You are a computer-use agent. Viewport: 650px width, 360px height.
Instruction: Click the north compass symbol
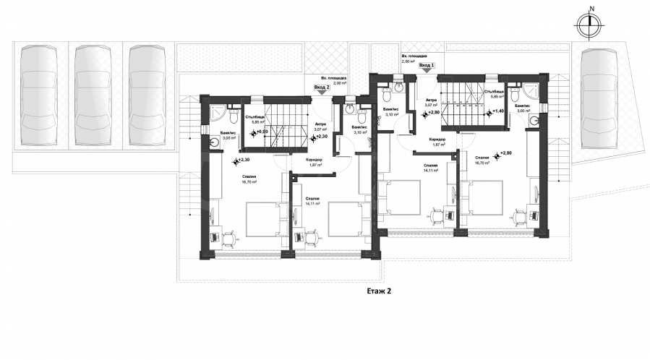[x=591, y=25]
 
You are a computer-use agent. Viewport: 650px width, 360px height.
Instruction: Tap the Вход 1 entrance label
[x=427, y=66]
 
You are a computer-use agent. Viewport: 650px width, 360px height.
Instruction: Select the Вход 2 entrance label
[x=322, y=87]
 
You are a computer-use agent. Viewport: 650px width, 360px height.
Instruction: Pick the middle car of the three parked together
[x=92, y=95]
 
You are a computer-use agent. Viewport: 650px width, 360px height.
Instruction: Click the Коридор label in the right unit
[x=436, y=139]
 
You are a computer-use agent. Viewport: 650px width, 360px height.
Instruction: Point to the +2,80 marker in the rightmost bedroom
[x=503, y=153]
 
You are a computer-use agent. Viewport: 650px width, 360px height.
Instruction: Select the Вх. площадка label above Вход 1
[x=414, y=56]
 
